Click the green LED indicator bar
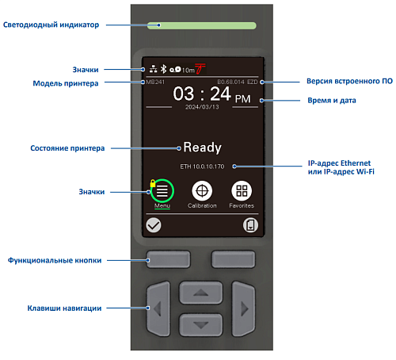click(201, 25)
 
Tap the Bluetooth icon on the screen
click(164, 69)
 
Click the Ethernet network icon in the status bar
click(154, 69)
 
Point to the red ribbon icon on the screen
click(200, 68)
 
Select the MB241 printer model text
click(155, 82)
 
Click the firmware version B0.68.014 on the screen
click(230, 82)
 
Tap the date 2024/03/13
click(202, 107)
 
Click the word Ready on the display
click(202, 147)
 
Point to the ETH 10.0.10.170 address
click(202, 167)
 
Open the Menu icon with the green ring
click(162, 191)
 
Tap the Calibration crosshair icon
click(202, 191)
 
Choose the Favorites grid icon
click(242, 191)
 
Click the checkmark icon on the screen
click(154, 225)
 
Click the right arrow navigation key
click(243, 308)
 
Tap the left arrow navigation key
click(158, 308)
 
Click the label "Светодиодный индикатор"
click(51, 25)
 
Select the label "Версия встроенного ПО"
click(349, 81)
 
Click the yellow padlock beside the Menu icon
click(153, 183)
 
